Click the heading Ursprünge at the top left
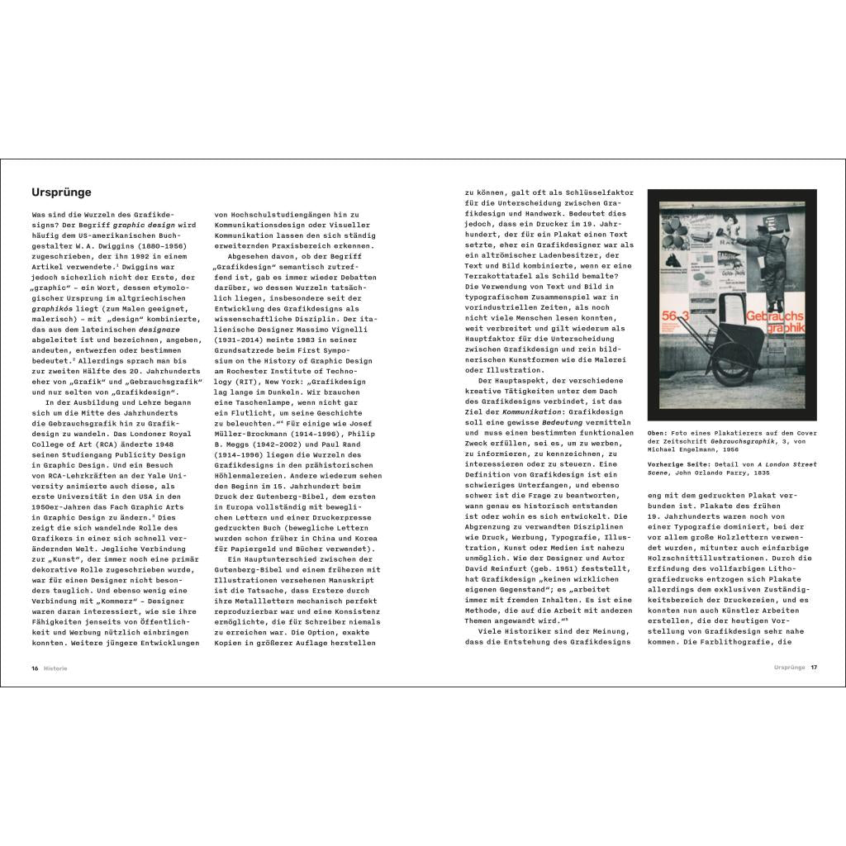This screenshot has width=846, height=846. click(61, 192)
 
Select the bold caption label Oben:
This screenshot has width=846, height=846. click(658, 431)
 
